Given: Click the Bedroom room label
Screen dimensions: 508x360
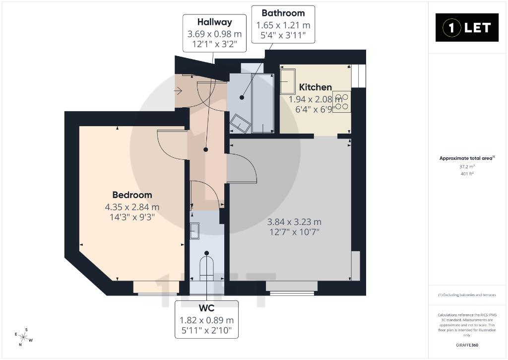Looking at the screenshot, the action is tap(132, 195).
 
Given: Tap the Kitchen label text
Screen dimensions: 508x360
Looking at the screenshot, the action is tap(315, 87).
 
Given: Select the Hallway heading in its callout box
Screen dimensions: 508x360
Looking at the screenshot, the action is tap(214, 22).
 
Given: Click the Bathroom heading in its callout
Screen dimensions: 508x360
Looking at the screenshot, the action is tap(283, 13).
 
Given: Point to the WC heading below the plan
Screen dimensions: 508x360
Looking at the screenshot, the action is tap(206, 308).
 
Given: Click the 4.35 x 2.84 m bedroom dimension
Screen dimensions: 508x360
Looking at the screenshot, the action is tap(132, 207).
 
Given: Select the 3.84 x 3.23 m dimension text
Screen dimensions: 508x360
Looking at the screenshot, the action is tap(294, 222).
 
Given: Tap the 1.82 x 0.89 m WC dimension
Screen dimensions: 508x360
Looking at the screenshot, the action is tap(206, 320).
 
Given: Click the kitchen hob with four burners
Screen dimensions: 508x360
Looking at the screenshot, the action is tap(342, 101).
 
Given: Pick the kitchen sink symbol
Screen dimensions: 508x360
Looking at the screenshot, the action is tap(288, 81).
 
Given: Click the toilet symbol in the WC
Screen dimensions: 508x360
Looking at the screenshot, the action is tap(207, 268).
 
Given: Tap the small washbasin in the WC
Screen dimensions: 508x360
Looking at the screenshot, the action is tap(194, 230).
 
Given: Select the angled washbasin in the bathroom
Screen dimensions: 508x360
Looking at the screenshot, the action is tap(240, 123).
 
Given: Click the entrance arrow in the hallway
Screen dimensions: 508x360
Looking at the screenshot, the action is tap(178, 91).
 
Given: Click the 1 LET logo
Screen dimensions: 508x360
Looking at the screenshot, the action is tap(467, 28).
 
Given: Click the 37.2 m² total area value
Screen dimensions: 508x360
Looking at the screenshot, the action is tap(467, 167).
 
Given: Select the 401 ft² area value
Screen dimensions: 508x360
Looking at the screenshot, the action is tap(467, 173).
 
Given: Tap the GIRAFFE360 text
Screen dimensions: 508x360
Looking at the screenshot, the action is tap(467, 345).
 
